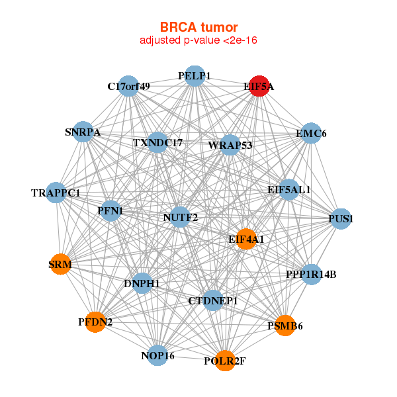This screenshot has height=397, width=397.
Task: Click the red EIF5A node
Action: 259,86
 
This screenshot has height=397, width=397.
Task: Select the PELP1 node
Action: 195,76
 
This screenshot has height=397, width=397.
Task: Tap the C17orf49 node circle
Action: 128,86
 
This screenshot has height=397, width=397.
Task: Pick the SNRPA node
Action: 83,132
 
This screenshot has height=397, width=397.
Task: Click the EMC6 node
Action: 311,133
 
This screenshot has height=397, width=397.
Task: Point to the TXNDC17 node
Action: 157,142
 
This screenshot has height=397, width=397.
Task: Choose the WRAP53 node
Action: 230,145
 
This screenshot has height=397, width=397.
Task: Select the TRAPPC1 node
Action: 56,193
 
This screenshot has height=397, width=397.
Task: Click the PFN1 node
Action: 110,210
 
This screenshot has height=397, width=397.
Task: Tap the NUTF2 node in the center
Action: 180,217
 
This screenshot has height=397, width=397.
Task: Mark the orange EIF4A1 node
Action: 246,239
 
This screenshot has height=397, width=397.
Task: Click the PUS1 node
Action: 341,219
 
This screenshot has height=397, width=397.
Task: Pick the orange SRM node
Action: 60,264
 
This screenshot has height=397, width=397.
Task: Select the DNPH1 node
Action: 142,283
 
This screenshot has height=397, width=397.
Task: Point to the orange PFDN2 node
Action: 95,322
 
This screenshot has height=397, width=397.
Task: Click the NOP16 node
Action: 157,355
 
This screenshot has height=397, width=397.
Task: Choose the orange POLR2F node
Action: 225,361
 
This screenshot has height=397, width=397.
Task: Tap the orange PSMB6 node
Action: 285,326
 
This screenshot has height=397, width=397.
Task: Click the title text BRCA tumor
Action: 198,27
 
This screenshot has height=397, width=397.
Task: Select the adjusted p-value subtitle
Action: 198,40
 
